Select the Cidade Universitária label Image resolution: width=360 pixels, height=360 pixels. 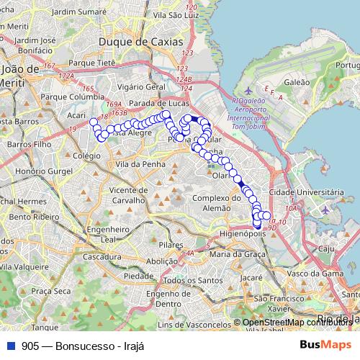pyautogui.click(x=305, y=193)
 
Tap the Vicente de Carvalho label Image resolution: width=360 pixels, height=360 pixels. pyautogui.click(x=130, y=194)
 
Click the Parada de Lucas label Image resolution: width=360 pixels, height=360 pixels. pyautogui.click(x=158, y=103)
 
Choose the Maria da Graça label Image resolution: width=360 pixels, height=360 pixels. pyautogui.click(x=232, y=254)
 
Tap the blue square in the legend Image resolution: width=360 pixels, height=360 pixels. pyautogui.click(x=11, y=346)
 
